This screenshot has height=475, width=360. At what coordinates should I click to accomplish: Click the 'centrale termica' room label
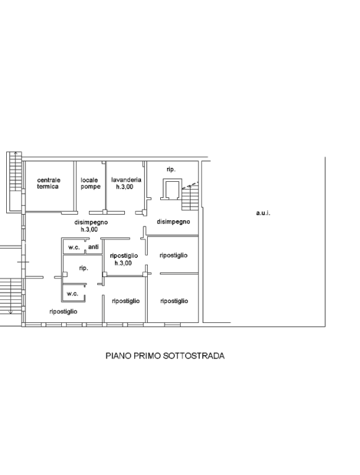(x=48, y=183)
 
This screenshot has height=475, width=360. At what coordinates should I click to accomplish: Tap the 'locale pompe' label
(x=90, y=183)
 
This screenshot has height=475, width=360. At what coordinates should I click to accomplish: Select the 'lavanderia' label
(x=126, y=179)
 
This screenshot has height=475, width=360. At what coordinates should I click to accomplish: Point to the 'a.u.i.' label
(x=263, y=213)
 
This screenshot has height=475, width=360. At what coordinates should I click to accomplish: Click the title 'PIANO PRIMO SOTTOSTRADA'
(x=165, y=356)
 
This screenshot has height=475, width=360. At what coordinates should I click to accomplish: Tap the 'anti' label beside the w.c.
(x=93, y=247)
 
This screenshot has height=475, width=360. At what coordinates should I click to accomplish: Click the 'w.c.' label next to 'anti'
(x=74, y=247)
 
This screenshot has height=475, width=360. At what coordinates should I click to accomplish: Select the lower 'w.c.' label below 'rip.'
(x=72, y=294)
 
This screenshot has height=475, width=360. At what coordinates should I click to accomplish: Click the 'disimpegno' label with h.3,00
(x=91, y=226)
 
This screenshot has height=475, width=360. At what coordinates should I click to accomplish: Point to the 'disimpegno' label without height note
(x=173, y=222)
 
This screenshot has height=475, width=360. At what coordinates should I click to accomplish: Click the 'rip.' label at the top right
(x=171, y=169)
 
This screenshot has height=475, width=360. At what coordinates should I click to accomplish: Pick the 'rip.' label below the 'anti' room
(x=84, y=268)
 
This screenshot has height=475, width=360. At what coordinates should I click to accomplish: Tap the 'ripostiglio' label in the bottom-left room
(x=63, y=312)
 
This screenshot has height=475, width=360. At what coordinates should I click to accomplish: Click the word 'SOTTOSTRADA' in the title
(x=194, y=356)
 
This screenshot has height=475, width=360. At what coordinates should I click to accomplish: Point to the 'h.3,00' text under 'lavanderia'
(x=124, y=187)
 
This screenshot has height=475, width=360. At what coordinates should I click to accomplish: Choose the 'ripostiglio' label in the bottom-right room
(x=174, y=301)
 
